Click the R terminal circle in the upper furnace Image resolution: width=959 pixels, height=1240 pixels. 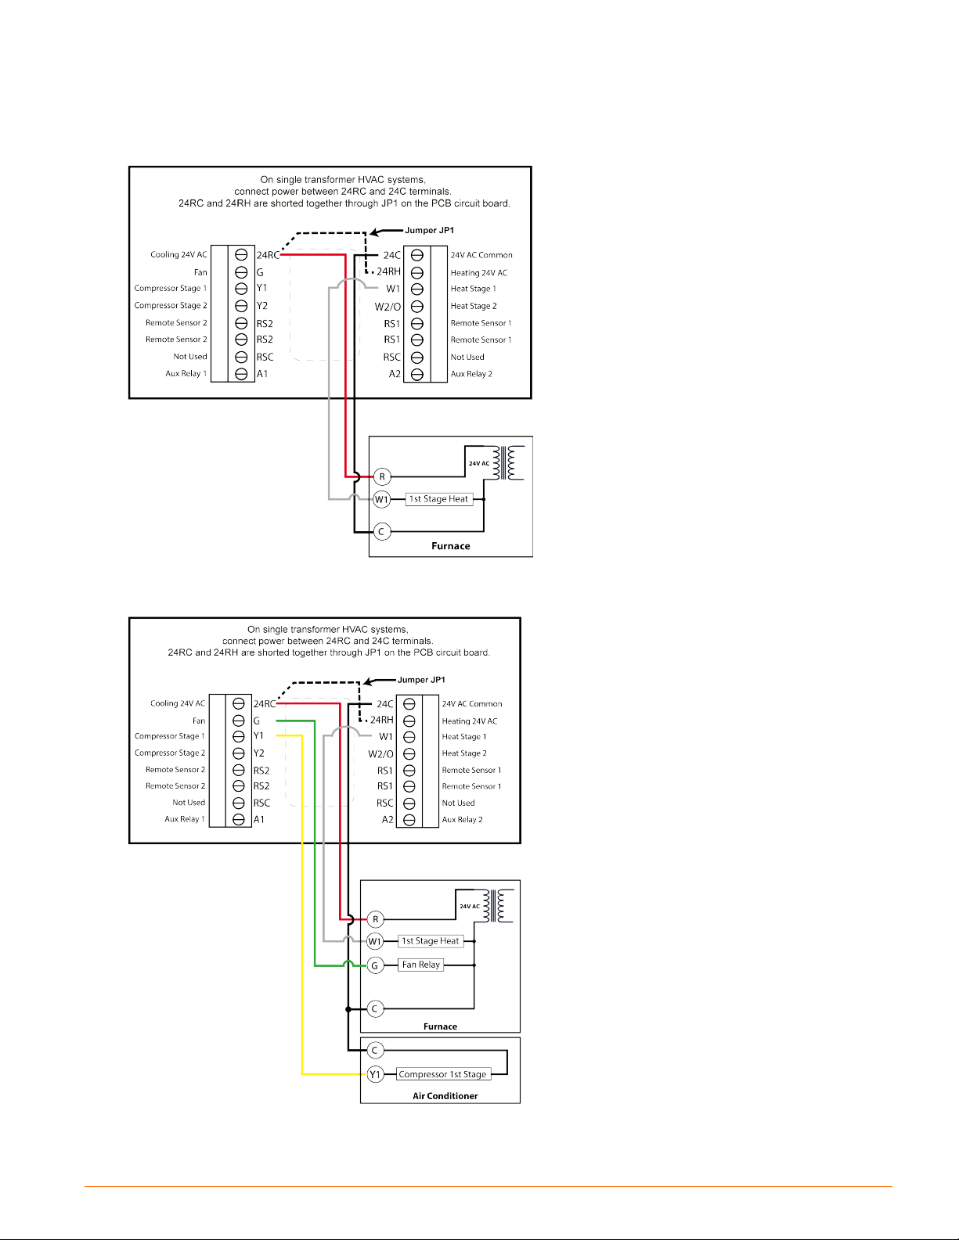[382, 476]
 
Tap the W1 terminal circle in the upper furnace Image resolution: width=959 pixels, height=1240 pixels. [381, 499]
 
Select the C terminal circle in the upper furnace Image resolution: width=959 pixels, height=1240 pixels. [381, 532]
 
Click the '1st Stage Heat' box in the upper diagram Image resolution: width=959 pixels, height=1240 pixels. [438, 499]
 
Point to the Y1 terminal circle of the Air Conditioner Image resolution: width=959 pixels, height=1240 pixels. [375, 1074]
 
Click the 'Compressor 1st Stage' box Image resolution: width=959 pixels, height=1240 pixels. [442, 1074]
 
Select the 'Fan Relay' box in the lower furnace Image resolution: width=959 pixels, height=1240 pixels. [421, 965]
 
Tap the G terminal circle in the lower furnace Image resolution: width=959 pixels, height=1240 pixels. [375, 965]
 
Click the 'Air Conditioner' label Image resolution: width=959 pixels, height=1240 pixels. [445, 1096]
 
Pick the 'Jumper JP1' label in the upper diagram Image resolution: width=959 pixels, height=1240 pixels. [429, 230]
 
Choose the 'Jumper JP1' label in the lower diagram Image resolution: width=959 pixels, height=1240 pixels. [421, 680]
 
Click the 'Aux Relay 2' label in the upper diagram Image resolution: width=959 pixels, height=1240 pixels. [471, 374]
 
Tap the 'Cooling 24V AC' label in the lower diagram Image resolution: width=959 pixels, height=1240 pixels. [178, 703]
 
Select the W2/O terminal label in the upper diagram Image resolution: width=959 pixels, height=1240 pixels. [388, 307]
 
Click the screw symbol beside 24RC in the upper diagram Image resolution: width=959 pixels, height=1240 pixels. [242, 255]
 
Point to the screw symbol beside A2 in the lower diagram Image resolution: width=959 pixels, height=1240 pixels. [409, 820]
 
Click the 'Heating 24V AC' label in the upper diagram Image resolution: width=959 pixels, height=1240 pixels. [479, 273]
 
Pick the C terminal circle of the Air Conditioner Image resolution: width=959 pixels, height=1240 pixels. [375, 1051]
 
